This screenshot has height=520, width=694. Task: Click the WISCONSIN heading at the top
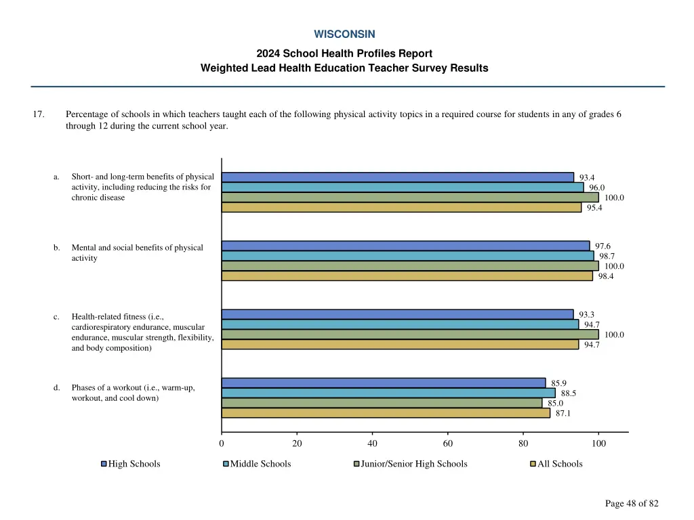point(344,34)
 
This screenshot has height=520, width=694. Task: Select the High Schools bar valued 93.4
point(398,177)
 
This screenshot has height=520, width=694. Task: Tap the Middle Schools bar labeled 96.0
point(403,188)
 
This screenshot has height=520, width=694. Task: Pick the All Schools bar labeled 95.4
point(401,208)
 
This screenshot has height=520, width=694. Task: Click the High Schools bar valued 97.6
point(405,246)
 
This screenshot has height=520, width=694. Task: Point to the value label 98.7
point(607,256)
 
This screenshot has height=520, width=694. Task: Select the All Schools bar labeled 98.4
point(407,276)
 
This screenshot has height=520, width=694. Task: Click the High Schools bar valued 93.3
point(397,315)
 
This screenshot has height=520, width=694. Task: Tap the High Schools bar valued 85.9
point(384,383)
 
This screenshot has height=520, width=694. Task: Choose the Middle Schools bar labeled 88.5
point(388,393)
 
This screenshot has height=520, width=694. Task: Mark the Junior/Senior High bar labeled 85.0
point(382,404)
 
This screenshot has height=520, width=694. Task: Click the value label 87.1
point(563,414)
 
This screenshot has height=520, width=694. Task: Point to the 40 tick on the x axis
point(372,443)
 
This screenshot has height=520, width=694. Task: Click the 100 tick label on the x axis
point(598,443)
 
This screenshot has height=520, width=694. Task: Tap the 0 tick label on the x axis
point(222,443)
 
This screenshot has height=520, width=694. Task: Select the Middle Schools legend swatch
point(226,464)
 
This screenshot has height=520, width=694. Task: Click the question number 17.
point(39,114)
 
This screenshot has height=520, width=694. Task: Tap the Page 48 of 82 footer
point(631,504)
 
